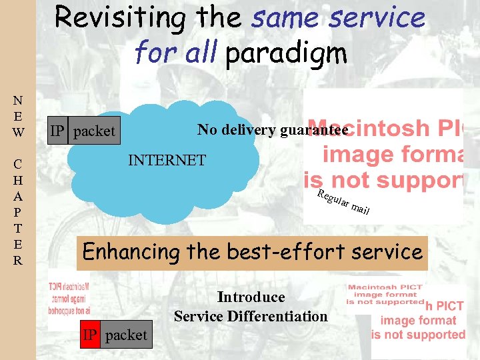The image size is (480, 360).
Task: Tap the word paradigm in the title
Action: click(286, 53)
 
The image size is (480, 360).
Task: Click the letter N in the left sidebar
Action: click(17, 101)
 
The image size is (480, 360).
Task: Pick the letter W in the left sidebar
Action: click(17, 132)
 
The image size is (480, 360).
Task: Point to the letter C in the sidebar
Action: click(17, 164)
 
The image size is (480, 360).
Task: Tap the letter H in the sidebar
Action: click(17, 180)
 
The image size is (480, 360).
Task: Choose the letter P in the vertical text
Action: click(17, 212)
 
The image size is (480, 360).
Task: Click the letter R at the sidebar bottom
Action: click(17, 260)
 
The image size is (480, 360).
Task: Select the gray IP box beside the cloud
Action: click(59, 131)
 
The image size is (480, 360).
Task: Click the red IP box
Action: click(90, 335)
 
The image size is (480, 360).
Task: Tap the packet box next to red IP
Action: click(126, 335)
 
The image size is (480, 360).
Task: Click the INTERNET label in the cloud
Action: click(167, 160)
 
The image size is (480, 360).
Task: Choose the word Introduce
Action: click(251, 297)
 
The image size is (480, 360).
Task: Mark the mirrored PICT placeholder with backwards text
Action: click(70, 300)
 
